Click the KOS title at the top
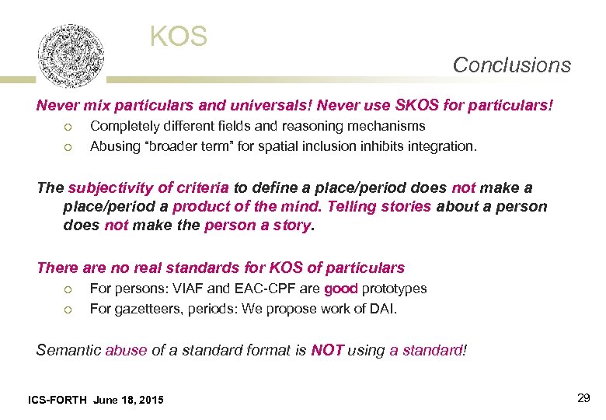click(179, 36)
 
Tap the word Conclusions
click(511, 65)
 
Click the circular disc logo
click(71, 56)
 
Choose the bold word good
click(340, 289)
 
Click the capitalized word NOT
click(327, 350)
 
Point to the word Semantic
click(68, 350)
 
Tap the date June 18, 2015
click(128, 400)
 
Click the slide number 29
click(583, 398)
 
